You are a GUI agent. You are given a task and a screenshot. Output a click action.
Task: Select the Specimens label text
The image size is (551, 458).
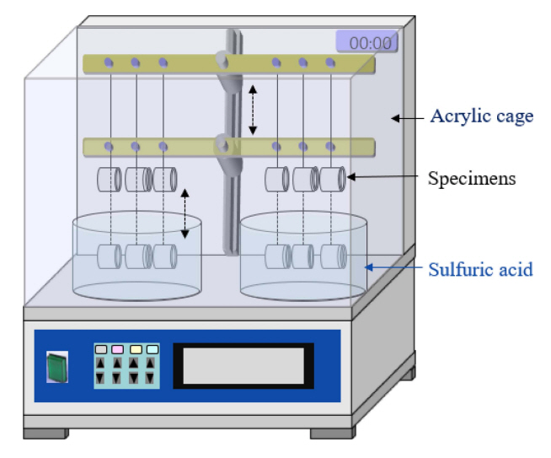tap(472, 178)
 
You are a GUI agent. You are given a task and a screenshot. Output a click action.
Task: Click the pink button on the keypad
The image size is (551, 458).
tap(117, 349)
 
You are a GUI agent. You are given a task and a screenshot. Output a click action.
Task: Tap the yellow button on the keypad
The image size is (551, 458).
tap(135, 349)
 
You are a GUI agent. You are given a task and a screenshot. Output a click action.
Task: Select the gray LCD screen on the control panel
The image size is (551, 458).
tap(243, 365)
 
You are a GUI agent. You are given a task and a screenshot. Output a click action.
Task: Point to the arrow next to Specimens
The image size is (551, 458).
tap(383, 177)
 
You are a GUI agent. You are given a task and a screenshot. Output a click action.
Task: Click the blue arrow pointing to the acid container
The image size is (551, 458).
tap(393, 268)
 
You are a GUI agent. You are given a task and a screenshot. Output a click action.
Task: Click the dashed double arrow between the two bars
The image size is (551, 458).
tap(252, 109)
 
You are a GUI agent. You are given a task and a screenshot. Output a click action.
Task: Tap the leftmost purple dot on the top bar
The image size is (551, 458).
tap(109, 62)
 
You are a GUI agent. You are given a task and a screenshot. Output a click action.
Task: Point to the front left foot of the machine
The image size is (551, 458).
tap(45, 433)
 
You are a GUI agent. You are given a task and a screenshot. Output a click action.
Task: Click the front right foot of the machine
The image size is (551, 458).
tap(333, 433)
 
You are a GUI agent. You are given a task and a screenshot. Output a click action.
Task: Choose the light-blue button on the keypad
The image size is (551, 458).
tap(152, 349)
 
